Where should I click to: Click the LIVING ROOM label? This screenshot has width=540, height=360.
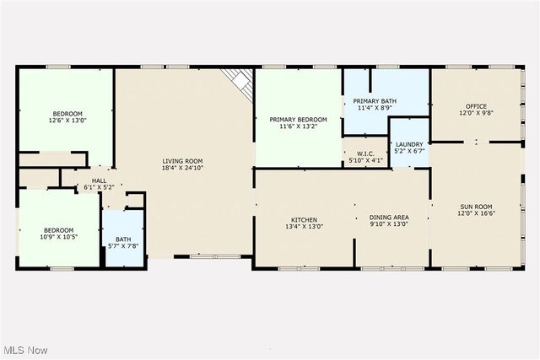tap(183, 161)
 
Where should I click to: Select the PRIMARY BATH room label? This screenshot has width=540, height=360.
tap(375, 101)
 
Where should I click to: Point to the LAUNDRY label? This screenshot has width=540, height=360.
tap(409, 144)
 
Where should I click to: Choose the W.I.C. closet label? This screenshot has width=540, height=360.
tap(364, 153)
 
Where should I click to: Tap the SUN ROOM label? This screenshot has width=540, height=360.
tap(475, 207)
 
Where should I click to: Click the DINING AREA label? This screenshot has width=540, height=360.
tap(388, 218)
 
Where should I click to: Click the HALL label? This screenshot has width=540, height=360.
tap(99, 180)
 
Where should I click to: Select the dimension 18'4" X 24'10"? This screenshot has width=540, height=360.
tap(183, 169)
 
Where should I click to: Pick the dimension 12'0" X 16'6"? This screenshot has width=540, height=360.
tap(475, 214)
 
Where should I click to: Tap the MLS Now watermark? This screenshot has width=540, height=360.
tap(25, 349)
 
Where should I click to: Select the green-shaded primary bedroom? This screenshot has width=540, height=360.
tap(297, 143)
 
